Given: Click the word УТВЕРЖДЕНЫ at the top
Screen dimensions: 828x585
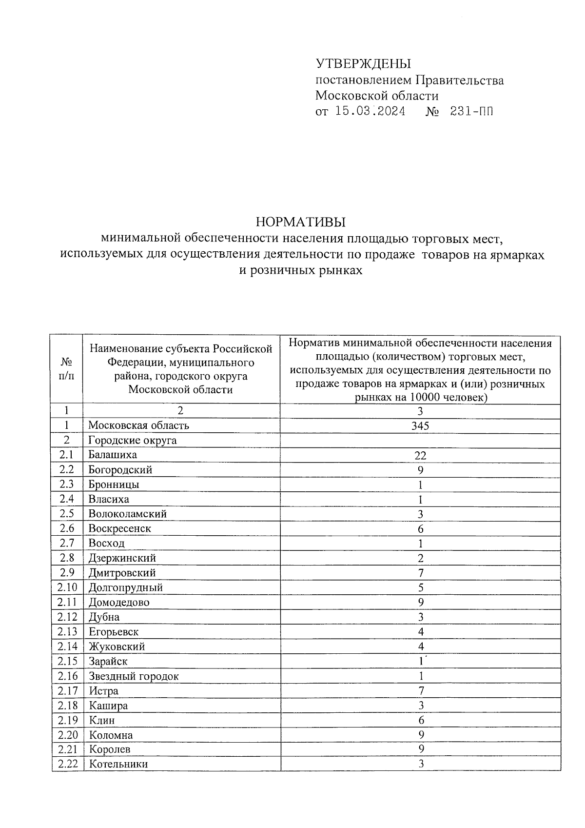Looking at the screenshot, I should coord(363,64).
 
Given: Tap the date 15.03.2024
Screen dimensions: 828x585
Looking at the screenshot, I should coord(370,111).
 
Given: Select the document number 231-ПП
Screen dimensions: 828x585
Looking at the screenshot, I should coord(471,111).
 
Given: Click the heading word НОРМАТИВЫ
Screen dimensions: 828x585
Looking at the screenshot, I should coord(300,222).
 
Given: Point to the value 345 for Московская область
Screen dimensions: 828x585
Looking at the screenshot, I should coord(420,426).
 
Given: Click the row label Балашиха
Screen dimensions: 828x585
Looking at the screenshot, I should coord(113,455).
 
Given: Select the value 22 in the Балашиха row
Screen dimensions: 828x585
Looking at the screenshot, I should coord(420,456).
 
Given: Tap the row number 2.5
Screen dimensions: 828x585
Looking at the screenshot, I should coord(67,513).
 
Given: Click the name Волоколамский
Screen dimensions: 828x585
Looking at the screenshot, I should coord(127,514).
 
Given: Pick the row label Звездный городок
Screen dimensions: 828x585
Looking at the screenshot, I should coord(134,676).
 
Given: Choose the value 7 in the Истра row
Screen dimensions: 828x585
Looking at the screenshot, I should coord(421,690).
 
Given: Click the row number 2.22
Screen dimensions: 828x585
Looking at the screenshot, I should coord(68,764).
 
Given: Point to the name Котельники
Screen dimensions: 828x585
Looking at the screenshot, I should coord(118,764).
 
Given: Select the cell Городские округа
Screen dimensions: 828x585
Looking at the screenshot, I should coord(133,441).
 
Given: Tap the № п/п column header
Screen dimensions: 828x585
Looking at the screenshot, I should coord(67,369).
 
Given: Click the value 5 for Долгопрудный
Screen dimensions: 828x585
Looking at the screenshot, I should coord(421,587).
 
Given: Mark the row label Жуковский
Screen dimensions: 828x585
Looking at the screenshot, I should coord(117,646).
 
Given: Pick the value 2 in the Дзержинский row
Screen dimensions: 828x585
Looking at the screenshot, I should coord(421,558).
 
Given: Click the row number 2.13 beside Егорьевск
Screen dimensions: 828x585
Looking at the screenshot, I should coord(67,631).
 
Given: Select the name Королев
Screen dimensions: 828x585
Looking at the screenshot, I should coord(110,749).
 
